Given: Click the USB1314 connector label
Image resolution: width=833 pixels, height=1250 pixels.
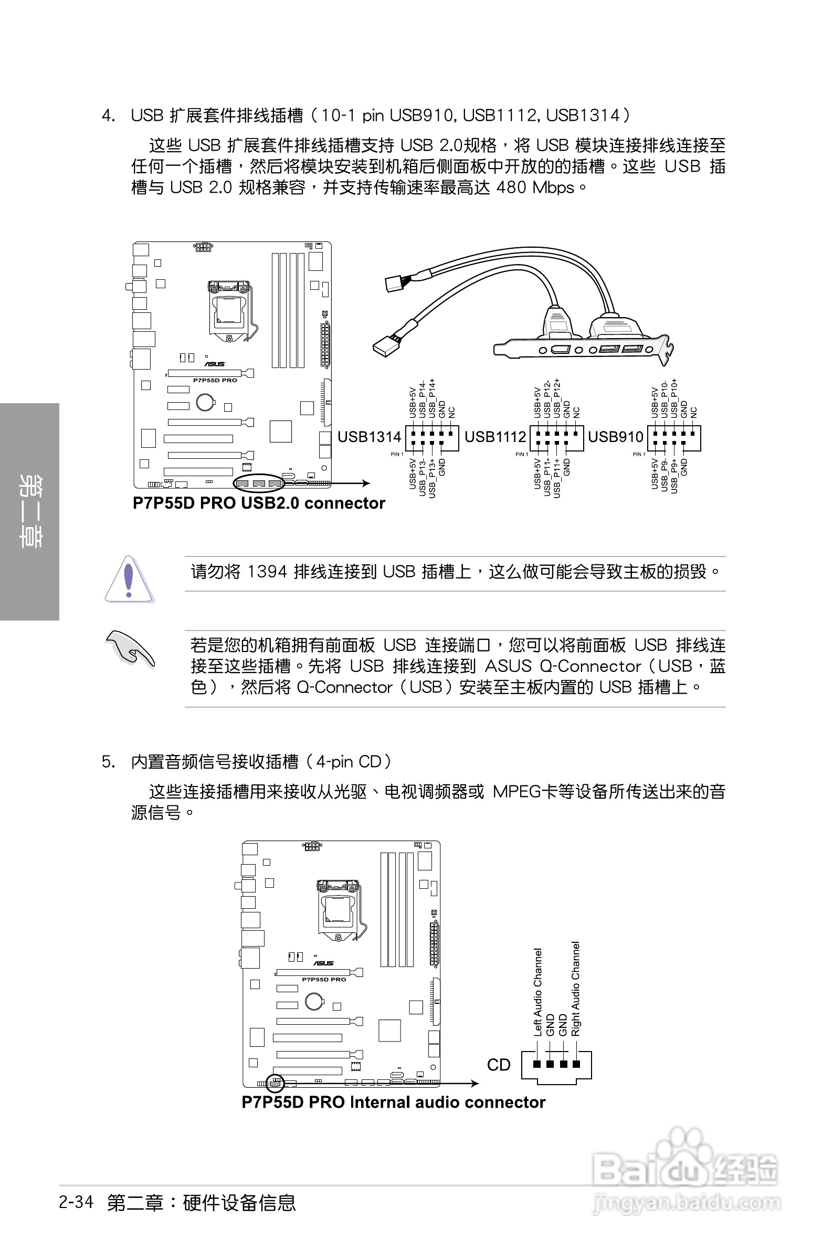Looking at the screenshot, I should click(369, 437).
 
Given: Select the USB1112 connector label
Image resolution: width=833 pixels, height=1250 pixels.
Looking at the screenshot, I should click(495, 437).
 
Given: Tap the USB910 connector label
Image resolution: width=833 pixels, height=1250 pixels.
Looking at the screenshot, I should click(616, 437).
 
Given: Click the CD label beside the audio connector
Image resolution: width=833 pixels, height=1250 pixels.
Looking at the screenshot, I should click(498, 1065).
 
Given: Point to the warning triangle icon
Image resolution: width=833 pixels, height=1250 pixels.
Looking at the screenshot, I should click(129, 579).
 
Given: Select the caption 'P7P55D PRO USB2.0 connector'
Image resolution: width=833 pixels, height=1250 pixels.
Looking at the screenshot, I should click(259, 503).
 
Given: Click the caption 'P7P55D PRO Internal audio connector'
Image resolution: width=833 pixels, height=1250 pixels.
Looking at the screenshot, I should click(393, 1102).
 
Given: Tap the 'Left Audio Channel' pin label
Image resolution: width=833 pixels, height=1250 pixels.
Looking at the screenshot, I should click(537, 992).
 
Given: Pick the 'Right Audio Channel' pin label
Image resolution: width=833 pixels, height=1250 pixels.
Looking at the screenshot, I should click(576, 989).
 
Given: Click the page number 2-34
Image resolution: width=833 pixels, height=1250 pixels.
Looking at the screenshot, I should click(77, 1202).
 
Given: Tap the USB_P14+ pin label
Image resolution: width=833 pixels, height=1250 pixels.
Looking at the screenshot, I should click(433, 398).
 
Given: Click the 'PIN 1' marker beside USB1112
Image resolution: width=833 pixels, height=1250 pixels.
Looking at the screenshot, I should click(522, 454).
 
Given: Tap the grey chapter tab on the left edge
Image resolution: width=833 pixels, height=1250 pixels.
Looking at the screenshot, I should click(29, 511).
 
